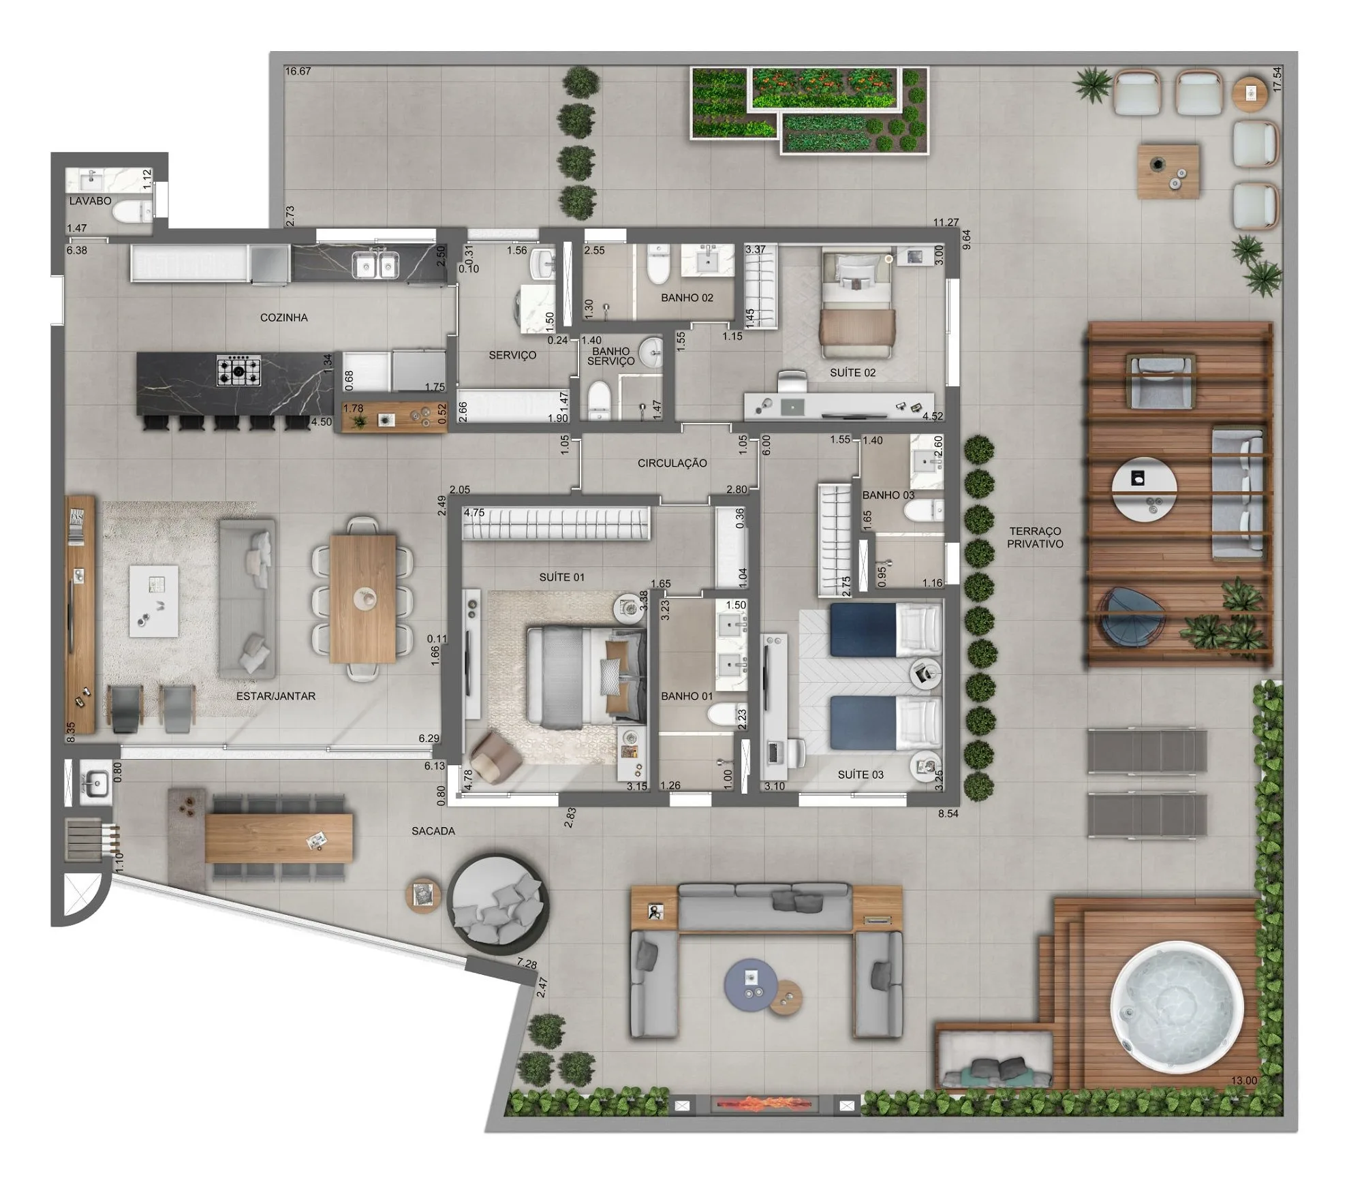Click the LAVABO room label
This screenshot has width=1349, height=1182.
coord(90,201)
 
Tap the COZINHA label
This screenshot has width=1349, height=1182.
coord(283,317)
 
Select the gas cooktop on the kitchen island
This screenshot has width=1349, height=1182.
coord(238,371)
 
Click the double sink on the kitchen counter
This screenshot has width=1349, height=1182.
coord(375,265)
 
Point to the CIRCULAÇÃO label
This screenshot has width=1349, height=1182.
coord(672,463)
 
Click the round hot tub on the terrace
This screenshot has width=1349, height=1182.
coord(1177,1008)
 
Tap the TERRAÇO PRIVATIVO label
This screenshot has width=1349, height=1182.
coord(1035,537)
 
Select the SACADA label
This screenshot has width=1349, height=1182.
coord(433,831)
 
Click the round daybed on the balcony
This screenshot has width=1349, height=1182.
coord(498,900)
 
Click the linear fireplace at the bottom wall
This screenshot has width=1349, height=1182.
coord(764,1105)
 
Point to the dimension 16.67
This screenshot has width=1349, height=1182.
coord(298,72)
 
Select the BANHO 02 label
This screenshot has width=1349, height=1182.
coord(687,298)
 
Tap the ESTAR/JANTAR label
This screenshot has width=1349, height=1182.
coord(275,696)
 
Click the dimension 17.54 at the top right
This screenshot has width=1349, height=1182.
coord(1277,79)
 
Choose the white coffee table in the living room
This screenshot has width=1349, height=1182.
coord(154,601)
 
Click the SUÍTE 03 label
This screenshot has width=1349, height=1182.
coord(860,775)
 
